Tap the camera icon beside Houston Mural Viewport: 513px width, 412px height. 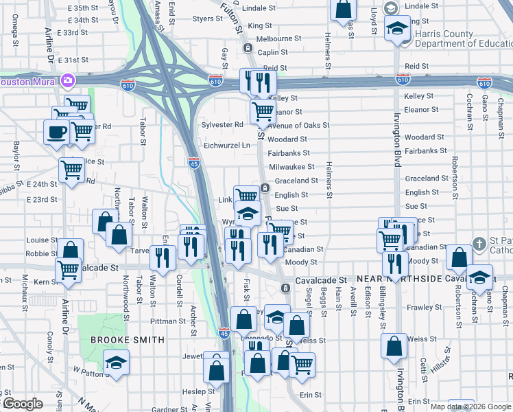coord(68,81)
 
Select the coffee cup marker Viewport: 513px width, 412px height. coord(56,130)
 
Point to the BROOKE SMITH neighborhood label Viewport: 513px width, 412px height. coord(128,340)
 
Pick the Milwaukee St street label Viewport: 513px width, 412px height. coord(291,167)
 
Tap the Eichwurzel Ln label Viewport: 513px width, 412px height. coord(227,146)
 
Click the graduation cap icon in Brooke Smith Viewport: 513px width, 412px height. coord(116,362)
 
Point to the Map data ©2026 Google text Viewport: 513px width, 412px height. coord(470,407)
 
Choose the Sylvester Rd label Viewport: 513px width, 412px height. coord(223,125)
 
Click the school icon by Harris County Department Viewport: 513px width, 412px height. coord(397,30)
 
